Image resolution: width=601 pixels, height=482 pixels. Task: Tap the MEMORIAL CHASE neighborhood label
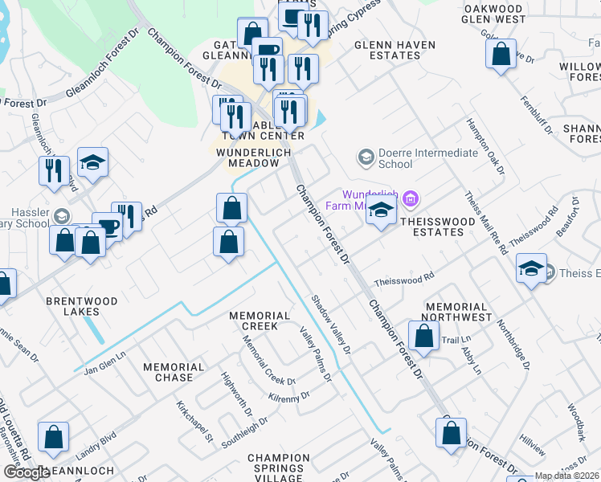pos(168,372)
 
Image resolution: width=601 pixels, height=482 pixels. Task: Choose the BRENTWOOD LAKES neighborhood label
pos(81,306)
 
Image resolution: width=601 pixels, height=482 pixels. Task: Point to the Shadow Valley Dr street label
pos(331,324)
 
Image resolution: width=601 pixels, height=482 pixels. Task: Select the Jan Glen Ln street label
pos(106,361)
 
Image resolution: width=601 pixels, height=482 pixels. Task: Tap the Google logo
pos(26,472)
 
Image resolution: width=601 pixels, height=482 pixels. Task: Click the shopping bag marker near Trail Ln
pos(423,336)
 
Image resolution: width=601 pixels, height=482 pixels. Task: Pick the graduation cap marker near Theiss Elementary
pos(531,269)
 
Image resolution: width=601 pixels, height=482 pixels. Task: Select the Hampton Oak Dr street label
pos(486,147)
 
